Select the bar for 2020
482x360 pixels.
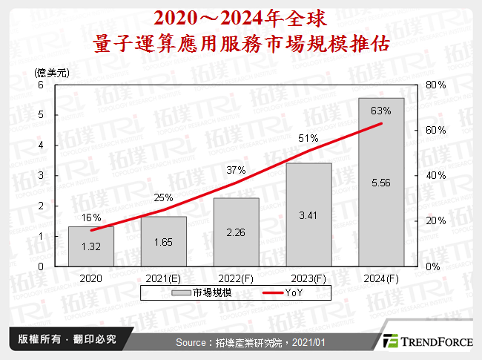click(91, 246)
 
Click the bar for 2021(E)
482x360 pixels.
click(163, 241)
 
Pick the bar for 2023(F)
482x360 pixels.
click(308, 215)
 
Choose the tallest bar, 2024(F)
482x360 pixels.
click(381, 182)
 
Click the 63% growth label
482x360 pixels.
click(381, 111)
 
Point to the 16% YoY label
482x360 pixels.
click(91, 217)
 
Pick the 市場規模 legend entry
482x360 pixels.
click(205, 293)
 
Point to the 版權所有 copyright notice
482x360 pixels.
click(62, 340)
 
